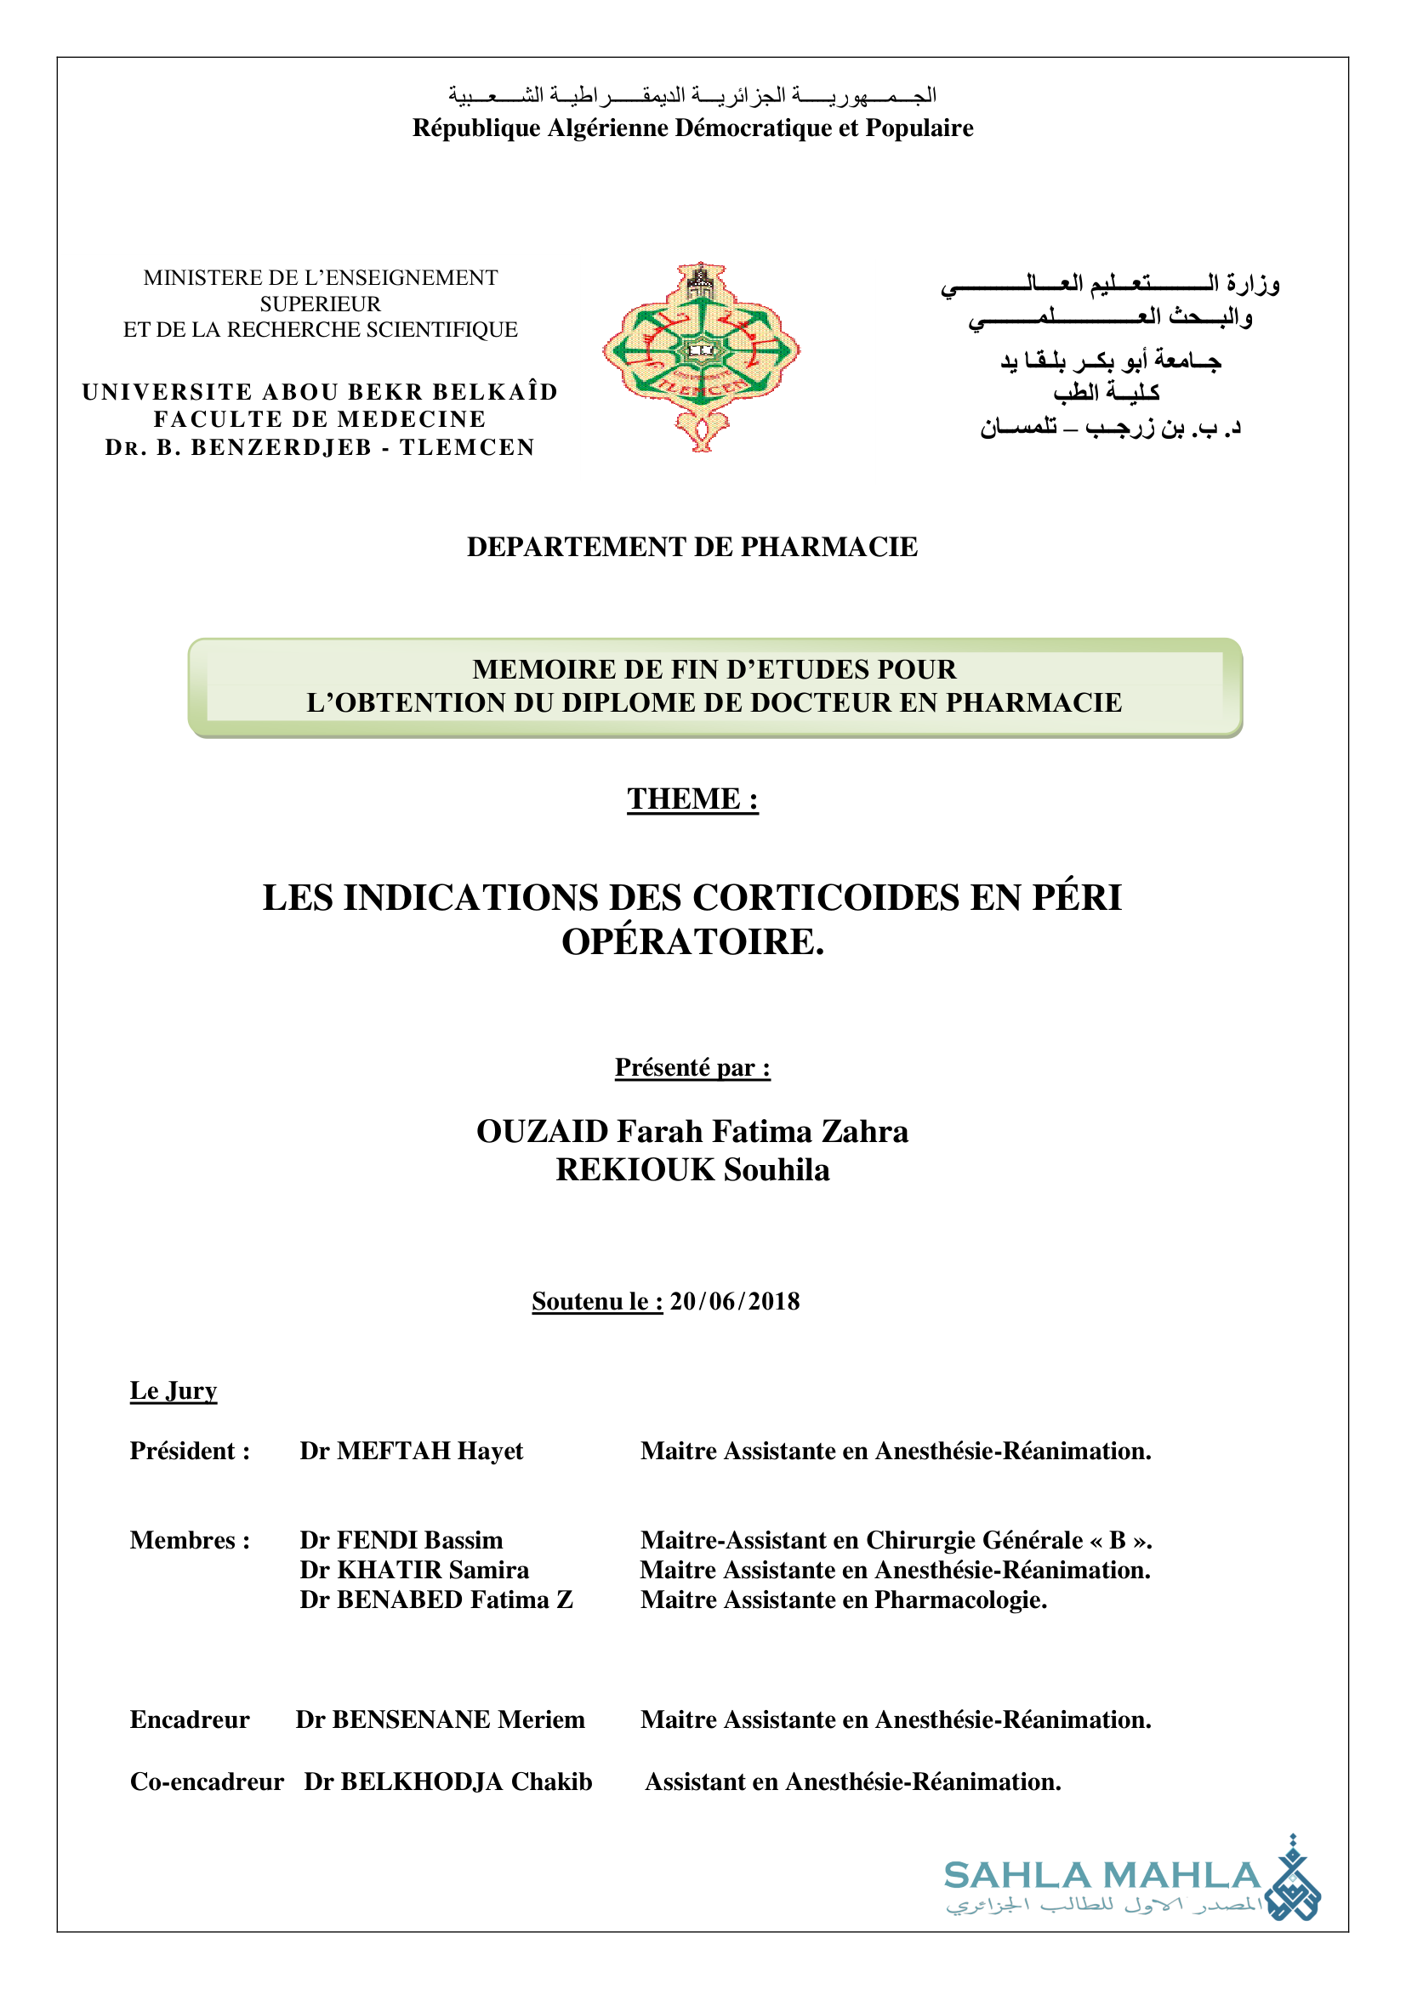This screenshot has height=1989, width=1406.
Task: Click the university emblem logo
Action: pos(701,355)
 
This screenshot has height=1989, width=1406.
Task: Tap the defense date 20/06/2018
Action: pos(734,1301)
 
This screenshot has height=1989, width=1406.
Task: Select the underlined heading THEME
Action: pos(692,798)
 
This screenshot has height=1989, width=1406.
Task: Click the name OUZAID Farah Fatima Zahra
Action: pos(692,1131)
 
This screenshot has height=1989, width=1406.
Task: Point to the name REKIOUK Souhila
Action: pos(692,1169)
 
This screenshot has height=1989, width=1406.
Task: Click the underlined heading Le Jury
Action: pos(174,1390)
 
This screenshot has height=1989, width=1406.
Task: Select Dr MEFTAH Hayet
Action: pos(412,1451)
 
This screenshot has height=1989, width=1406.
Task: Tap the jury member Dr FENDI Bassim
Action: pos(401,1539)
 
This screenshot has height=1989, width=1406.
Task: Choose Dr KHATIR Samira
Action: pos(414,1570)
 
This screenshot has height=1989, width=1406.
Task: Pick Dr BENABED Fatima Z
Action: pos(436,1600)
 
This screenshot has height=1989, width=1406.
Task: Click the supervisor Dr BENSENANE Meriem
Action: pos(440,1719)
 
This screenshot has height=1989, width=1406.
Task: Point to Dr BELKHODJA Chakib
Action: pos(448,1782)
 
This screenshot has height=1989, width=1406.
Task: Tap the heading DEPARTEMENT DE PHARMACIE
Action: pos(692,547)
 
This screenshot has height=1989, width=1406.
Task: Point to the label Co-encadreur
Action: pos(206,1782)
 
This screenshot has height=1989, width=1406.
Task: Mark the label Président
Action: pos(190,1451)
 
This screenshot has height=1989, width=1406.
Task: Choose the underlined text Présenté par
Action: pos(692,1067)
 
